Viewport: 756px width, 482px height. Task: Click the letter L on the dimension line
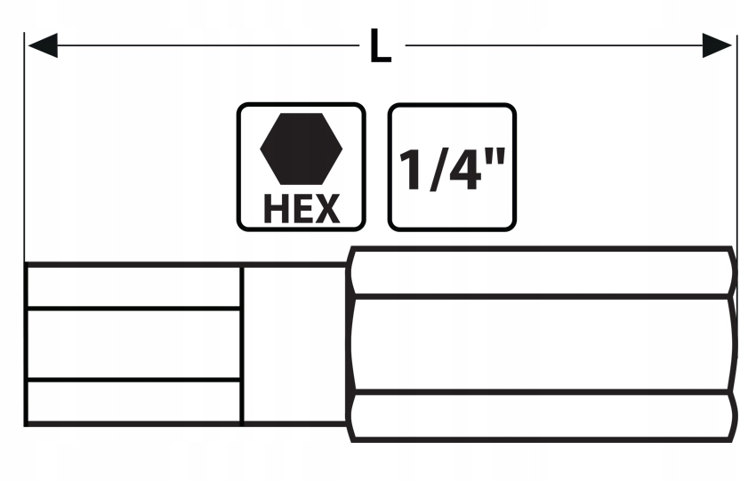[x=381, y=46]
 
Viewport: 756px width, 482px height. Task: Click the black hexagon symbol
[x=301, y=149]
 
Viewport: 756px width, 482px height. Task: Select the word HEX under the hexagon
[x=301, y=209]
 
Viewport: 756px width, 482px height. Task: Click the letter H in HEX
[x=275, y=209]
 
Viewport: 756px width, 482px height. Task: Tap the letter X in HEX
[x=326, y=209]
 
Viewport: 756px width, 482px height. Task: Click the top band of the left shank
[x=133, y=285]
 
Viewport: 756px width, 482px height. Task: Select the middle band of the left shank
[x=133, y=344]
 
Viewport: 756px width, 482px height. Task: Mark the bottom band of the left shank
[x=133, y=402]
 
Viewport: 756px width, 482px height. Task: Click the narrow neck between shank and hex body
[x=294, y=344]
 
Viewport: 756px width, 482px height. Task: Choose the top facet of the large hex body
[x=543, y=272]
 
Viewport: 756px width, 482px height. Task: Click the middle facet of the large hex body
[x=543, y=344]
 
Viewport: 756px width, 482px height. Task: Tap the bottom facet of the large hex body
[x=543, y=416]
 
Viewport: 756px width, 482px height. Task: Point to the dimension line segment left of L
[x=205, y=45]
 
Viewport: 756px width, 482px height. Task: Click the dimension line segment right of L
[x=551, y=45]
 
